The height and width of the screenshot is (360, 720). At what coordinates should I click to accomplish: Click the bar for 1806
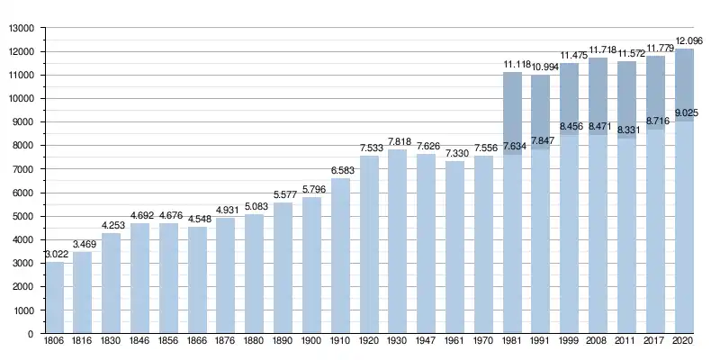(55, 298)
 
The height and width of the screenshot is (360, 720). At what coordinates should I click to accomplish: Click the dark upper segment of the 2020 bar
(685, 85)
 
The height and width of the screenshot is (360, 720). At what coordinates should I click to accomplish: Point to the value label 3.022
(57, 255)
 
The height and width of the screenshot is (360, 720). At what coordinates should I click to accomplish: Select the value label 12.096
(685, 41)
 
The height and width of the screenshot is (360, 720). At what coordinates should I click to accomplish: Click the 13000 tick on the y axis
(21, 29)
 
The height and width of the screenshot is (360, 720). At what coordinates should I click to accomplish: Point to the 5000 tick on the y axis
(23, 217)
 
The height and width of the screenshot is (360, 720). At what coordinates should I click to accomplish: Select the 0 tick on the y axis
(31, 334)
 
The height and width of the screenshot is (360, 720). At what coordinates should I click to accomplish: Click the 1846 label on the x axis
(140, 343)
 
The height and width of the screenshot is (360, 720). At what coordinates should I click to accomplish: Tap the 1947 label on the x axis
(427, 343)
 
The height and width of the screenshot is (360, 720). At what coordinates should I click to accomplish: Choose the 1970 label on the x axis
(484, 343)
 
